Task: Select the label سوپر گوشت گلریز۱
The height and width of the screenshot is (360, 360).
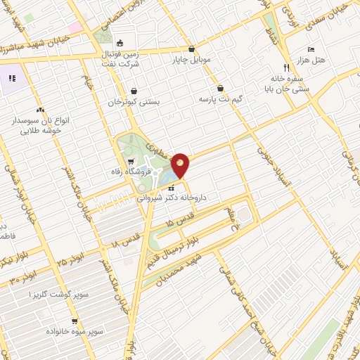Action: [x=55, y=293]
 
